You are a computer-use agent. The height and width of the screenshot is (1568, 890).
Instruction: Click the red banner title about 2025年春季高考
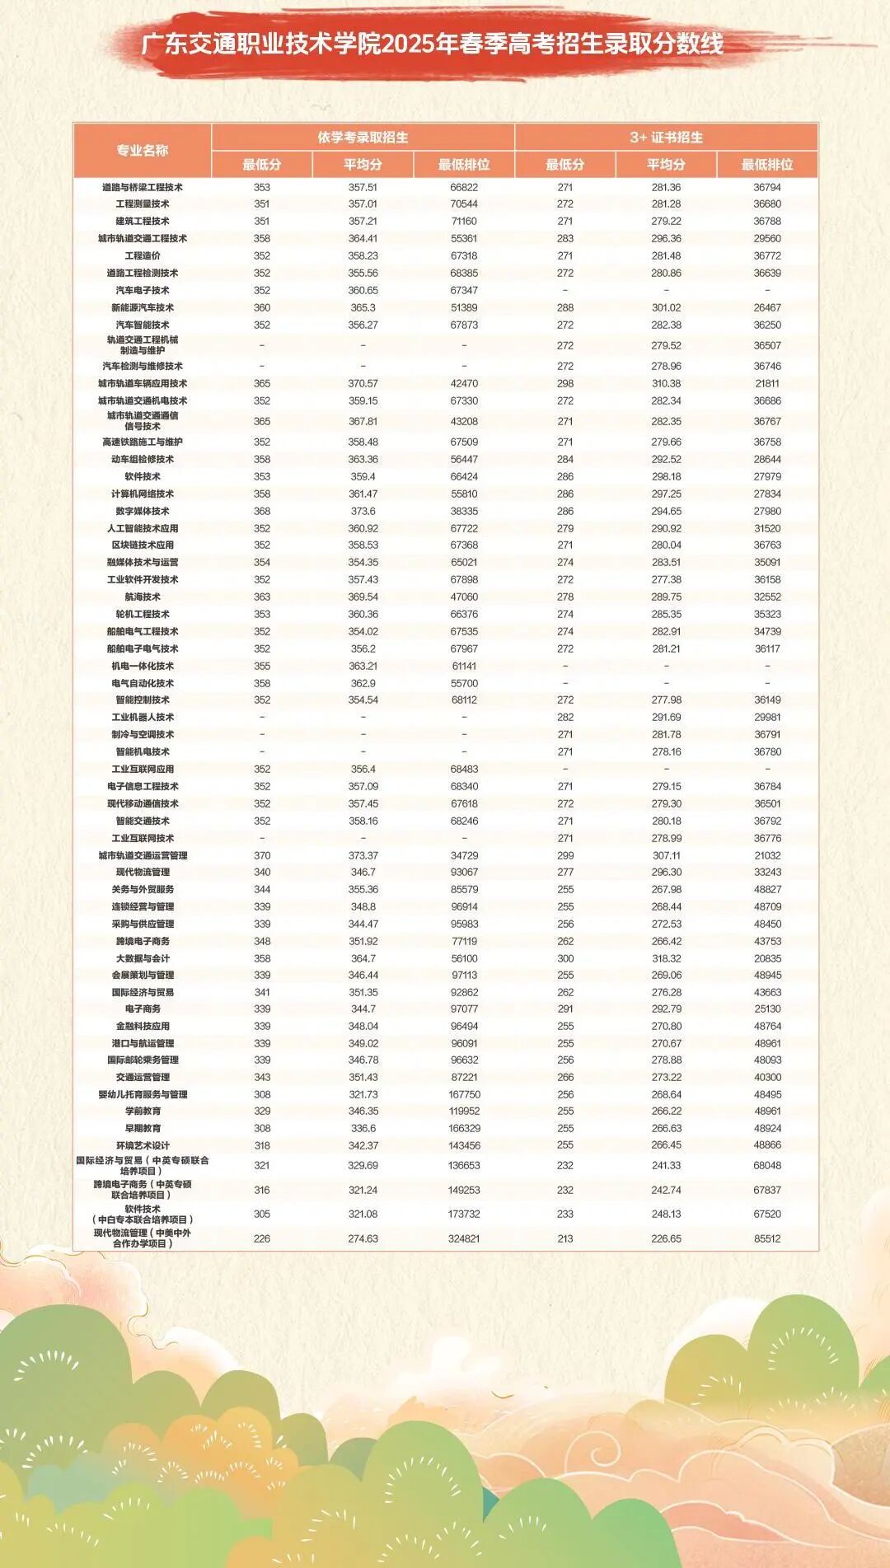pos(432,43)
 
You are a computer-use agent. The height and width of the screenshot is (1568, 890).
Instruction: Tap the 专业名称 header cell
pos(143,150)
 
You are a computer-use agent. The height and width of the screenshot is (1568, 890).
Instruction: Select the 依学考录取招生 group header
pos(363,137)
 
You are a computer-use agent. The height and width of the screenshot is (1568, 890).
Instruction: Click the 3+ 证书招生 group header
pos(666,137)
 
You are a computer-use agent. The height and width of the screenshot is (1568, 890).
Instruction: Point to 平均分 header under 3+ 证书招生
pos(666,164)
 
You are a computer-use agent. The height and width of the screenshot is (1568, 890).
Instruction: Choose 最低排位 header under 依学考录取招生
pos(464,164)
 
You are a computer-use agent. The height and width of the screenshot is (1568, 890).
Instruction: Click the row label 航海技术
pos(143,597)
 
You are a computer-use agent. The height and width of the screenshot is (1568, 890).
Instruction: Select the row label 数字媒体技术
pos(143,511)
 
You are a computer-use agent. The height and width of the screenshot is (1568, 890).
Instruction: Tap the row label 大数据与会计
pos(143,958)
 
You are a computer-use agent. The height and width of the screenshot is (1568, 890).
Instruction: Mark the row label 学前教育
pos(143,1111)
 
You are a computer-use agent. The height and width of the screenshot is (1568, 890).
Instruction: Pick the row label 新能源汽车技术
pos(143,307)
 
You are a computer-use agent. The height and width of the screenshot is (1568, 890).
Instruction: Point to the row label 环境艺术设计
pos(143,1145)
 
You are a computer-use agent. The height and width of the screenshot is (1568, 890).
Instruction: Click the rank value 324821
pos(464,1238)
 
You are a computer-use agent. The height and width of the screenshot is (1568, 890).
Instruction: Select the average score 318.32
pos(666,958)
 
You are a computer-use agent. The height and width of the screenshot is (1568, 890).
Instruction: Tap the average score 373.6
pos(363,511)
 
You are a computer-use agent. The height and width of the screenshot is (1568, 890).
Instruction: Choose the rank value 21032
pos(767,855)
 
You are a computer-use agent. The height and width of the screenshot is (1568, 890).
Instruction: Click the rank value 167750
pos(464,1094)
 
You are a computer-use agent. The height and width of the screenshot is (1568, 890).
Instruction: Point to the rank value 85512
pos(767,1238)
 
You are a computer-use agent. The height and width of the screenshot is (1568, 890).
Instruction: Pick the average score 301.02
pos(666,307)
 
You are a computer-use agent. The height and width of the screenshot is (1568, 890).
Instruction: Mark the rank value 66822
pos(464,187)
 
